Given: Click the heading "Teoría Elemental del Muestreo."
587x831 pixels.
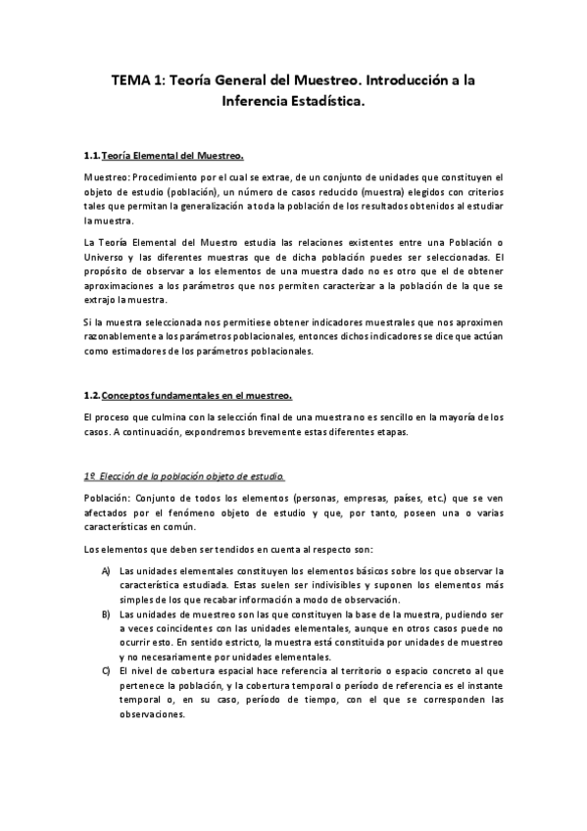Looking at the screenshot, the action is pos(172,156).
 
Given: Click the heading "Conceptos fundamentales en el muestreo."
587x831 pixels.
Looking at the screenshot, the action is pos(197,396).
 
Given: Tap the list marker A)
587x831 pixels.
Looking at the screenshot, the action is pos(107,571).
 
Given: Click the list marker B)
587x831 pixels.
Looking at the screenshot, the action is pos(107,613).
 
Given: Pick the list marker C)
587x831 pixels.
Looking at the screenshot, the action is pos(107,671).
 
